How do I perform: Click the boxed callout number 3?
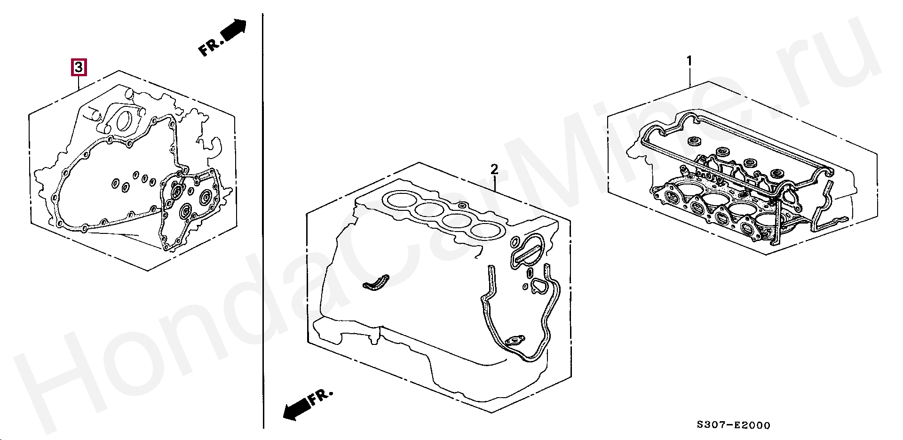point(79,67)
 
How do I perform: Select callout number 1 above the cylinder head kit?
point(689,61)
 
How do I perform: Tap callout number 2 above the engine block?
point(494,169)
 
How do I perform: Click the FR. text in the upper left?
point(210,47)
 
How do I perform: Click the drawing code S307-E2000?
point(734,425)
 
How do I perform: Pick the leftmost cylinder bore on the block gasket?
point(400,200)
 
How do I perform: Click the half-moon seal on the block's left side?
point(376,284)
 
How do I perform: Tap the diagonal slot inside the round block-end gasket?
point(528,252)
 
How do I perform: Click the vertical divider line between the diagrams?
point(263,221)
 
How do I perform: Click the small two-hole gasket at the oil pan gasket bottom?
point(515,340)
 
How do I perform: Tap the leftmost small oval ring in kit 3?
point(115,183)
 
